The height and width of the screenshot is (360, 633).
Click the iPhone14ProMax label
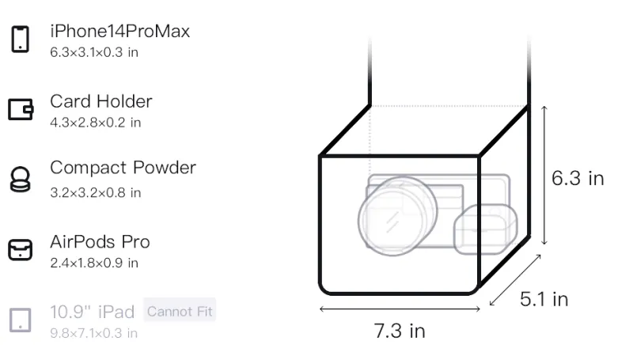pos(120,32)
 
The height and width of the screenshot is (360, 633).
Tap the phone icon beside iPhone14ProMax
pos(21,39)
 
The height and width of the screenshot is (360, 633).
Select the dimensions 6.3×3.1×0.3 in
pos(94,52)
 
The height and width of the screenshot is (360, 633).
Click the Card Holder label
pos(101,101)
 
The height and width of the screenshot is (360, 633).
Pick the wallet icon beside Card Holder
pos(21,109)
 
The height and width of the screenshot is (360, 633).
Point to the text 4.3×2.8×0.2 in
pos(95,123)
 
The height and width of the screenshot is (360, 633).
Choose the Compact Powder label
pos(123,168)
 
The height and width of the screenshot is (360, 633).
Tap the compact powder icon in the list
pos(21,179)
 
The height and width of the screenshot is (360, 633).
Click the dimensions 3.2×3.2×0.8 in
pos(95,193)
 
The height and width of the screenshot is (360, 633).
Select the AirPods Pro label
pos(100,242)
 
